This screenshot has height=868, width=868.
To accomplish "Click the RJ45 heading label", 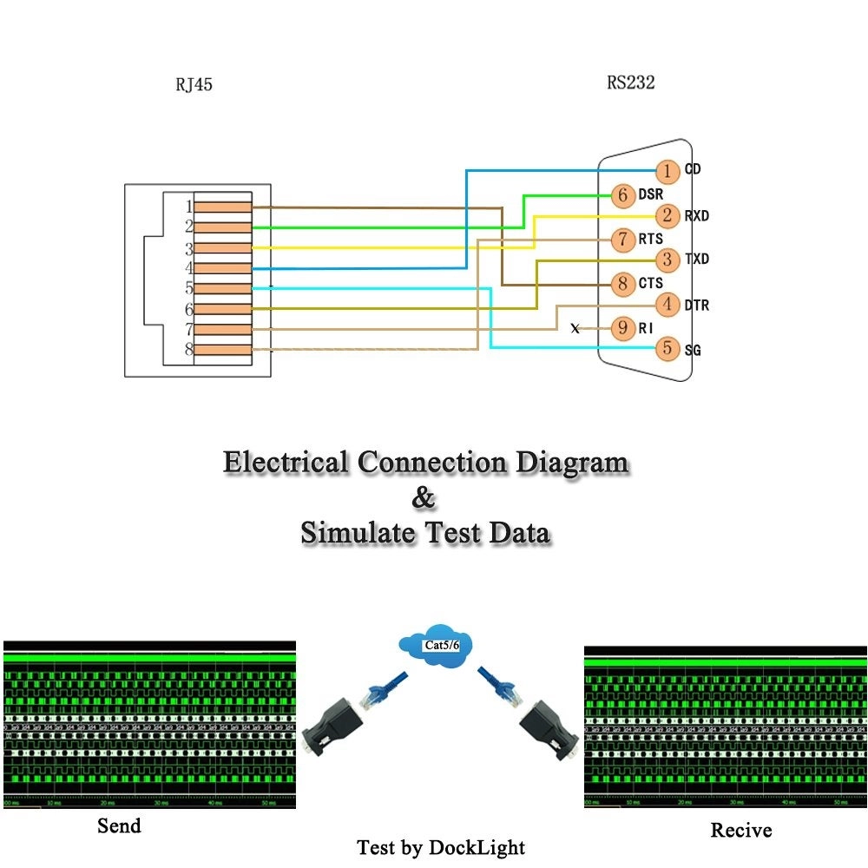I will tap(194, 85).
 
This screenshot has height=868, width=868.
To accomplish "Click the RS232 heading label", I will tap(630, 83).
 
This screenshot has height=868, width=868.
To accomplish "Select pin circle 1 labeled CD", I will tap(667, 171).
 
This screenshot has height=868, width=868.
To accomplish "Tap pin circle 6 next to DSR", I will tap(623, 195).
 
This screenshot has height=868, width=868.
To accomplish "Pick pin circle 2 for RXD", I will tap(667, 215).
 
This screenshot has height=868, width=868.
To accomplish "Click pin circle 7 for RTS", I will tap(623, 239).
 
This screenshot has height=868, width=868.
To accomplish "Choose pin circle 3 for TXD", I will tap(667, 260).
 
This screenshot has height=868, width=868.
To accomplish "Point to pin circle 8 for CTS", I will tap(623, 283).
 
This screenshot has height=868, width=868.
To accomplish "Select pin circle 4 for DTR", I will tap(667, 305).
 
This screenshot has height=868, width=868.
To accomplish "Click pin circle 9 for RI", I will tap(623, 328).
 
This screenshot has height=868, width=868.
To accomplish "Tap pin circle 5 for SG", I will tap(667, 349).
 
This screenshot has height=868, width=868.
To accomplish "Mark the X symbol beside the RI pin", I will tap(575, 329).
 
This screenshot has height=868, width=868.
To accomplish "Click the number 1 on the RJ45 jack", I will tap(187, 207).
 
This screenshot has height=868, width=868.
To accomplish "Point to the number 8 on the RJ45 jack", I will tap(187, 350).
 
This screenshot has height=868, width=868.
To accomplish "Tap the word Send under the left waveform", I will tap(119, 825).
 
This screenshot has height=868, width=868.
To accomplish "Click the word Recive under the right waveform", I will tap(740, 831).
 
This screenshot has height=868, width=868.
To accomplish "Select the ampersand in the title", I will tap(424, 498).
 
